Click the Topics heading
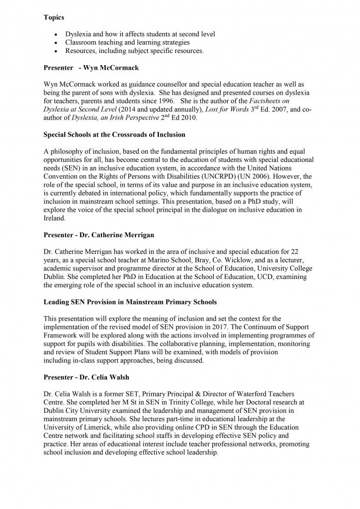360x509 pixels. click(x=53, y=17)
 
